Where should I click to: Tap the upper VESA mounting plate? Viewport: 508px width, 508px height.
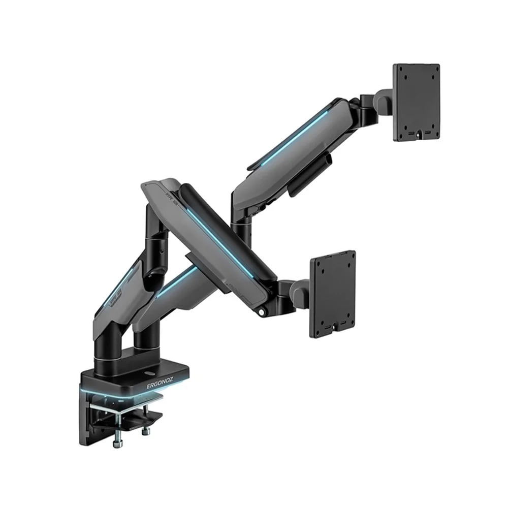[416, 102]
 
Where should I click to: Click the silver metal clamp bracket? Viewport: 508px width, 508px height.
[122, 406]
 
